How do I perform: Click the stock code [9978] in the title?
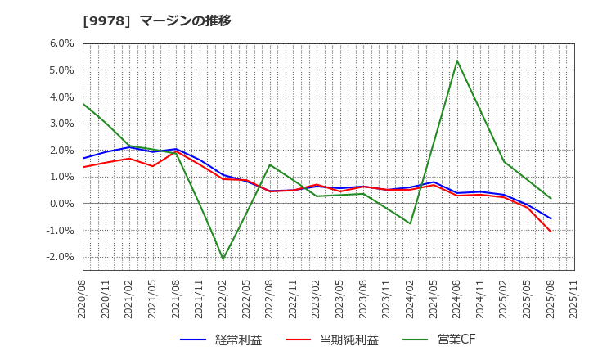[x=102, y=20]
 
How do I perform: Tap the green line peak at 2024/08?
[x=456, y=61]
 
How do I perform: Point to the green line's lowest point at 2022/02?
[x=223, y=259]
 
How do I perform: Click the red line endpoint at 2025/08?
[x=551, y=232]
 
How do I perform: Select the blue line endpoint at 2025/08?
[x=551, y=218]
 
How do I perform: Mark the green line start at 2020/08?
[x=83, y=103]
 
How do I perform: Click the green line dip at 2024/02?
[x=410, y=223]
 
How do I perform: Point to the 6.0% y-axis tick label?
[x=62, y=44]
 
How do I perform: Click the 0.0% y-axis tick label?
[x=62, y=204]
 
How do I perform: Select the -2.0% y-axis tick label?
[x=61, y=257]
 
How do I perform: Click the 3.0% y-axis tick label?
[x=62, y=124]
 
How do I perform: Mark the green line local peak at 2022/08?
[x=270, y=164]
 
